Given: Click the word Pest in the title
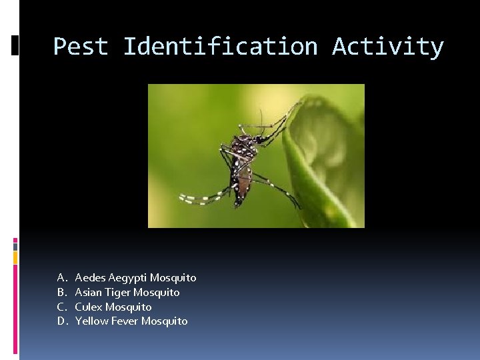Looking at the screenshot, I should (x=81, y=47).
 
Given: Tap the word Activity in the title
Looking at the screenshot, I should (x=388, y=47).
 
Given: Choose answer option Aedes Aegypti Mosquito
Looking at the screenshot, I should (x=135, y=277).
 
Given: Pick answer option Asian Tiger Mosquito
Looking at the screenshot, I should (x=127, y=292).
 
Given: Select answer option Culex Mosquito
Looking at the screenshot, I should (x=113, y=307).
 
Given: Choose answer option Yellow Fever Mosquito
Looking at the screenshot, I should (x=131, y=321).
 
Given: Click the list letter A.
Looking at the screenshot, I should (x=61, y=277).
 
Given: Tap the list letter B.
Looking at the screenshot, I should (x=61, y=292).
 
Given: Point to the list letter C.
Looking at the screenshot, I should (x=61, y=307).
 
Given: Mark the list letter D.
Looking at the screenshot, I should (x=61, y=321).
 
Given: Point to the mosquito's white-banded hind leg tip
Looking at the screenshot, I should (x=190, y=198).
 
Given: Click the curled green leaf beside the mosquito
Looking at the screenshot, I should (x=320, y=160).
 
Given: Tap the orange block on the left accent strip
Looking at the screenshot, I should (x=15, y=257).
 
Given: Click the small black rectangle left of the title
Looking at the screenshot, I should (x=15, y=45).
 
